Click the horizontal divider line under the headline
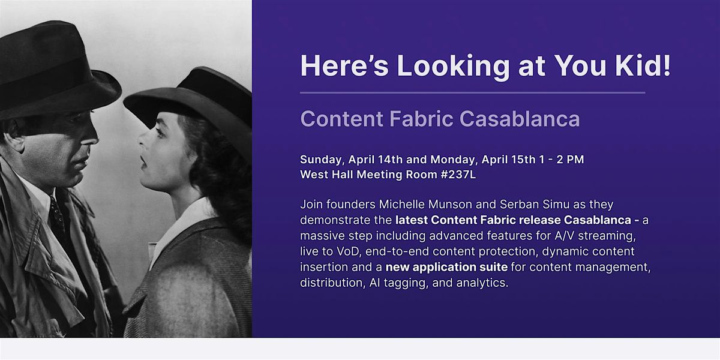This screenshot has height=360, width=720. [x=472, y=93]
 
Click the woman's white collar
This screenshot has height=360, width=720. [x=180, y=222]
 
